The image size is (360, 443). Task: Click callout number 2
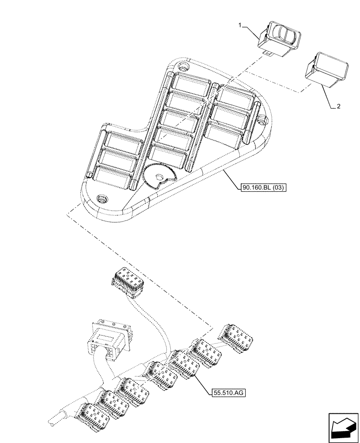338,107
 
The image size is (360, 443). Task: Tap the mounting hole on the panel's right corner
261,119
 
